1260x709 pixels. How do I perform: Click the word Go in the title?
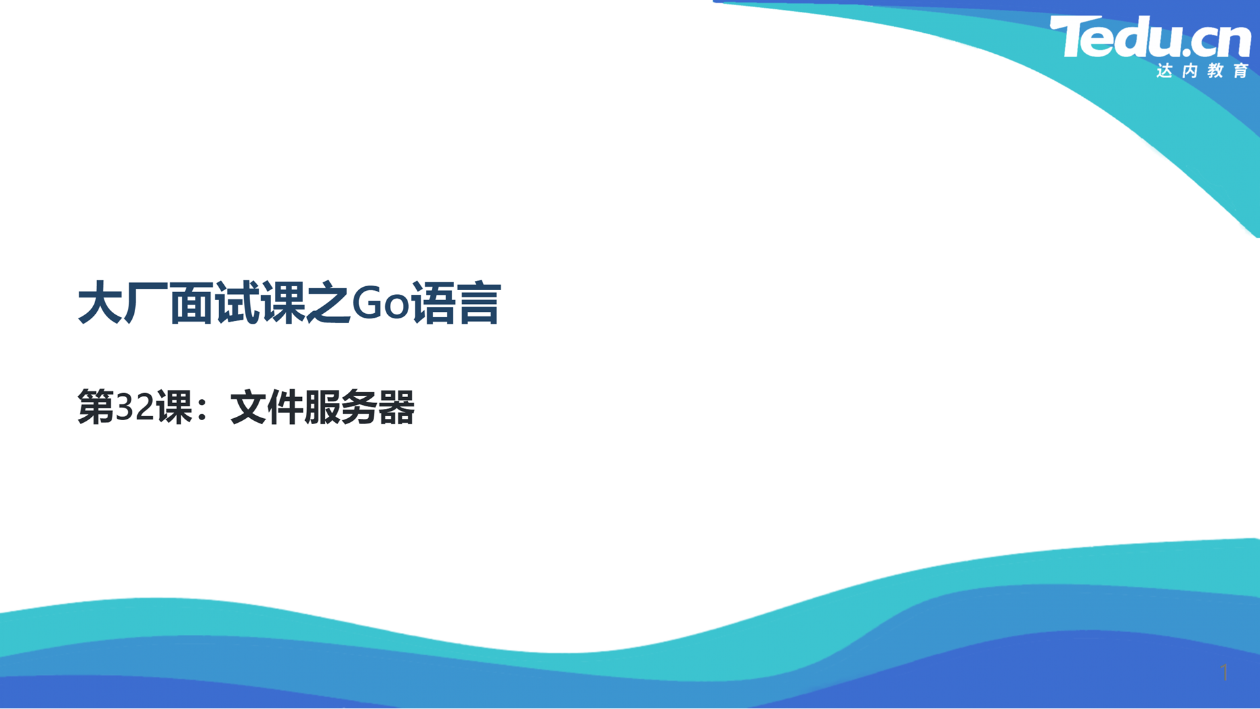[381, 303]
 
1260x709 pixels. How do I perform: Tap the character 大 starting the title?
[100, 303]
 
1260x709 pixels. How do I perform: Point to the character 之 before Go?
[329, 303]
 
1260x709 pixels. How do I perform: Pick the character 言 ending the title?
[480, 303]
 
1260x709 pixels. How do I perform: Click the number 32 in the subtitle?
[135, 407]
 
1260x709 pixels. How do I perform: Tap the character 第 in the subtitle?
[96, 407]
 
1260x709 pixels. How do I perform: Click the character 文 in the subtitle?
[248, 407]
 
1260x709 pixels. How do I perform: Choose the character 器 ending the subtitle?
[396, 407]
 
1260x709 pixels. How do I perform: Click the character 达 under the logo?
[1165, 70]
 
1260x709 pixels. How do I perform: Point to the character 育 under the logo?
[1241, 70]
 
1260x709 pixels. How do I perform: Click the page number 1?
[1224, 672]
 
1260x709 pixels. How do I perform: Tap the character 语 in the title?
[434, 303]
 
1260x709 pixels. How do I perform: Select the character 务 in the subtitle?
[359, 407]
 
